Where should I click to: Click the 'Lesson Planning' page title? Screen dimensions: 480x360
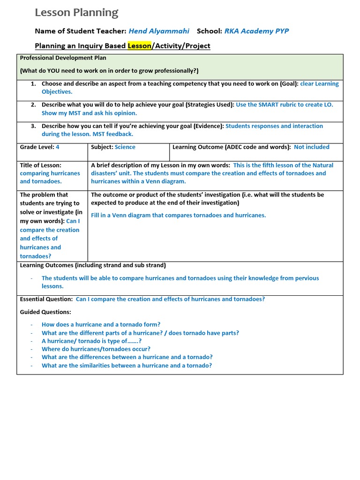[x=77, y=13]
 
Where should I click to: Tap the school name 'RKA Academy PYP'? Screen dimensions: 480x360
[x=256, y=31]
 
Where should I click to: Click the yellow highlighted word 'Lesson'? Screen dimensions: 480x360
[x=139, y=46]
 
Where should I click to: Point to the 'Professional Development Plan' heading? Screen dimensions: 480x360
[x=63, y=58]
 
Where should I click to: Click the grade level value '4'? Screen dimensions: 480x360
[x=58, y=147]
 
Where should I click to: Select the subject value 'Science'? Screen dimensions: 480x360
[x=125, y=147]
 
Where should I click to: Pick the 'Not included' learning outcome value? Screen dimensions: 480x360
[x=311, y=147]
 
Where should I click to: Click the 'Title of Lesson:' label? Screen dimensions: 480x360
[x=41, y=165]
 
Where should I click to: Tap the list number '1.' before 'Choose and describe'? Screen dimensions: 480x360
[x=33, y=84]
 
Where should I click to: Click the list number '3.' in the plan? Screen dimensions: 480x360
[x=33, y=126]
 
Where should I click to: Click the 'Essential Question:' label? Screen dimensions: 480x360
[x=46, y=299]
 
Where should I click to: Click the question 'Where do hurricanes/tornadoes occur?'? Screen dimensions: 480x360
[x=96, y=349]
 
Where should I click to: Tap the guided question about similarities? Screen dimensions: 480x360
[x=127, y=366]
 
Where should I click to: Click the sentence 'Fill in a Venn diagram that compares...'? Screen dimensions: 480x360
[x=178, y=216]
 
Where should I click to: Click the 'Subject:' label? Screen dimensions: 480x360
[x=102, y=147]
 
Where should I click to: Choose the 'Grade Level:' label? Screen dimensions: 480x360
[x=37, y=147]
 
